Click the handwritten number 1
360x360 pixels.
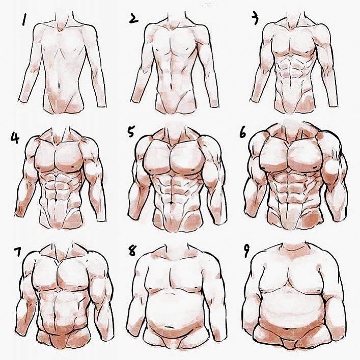point(24,19)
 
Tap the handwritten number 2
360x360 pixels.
point(133,19)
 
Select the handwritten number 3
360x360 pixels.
point(255,19)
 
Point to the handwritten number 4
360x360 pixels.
point(15,138)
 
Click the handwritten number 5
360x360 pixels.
point(131,131)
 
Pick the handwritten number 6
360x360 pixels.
point(242,133)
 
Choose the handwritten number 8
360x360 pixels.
point(132,251)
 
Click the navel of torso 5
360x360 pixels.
point(172,203)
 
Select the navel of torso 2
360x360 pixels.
point(171,86)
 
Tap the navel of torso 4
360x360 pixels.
point(56,200)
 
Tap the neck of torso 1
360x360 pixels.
point(64,19)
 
